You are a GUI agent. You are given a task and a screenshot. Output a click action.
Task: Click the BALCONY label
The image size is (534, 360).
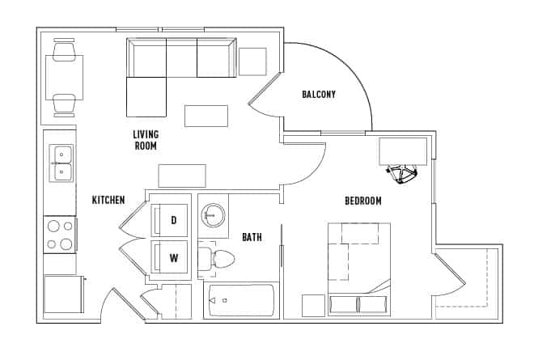(x=319, y=95)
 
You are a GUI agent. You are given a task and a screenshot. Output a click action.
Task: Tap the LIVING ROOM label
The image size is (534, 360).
(x=146, y=140)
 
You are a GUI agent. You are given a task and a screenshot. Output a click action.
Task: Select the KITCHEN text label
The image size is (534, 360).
(x=108, y=200)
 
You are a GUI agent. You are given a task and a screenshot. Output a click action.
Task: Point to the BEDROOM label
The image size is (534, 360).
(x=362, y=201)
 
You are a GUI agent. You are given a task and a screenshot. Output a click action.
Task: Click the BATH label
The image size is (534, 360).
(x=252, y=237)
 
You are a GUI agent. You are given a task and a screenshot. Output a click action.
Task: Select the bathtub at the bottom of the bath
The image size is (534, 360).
(x=239, y=301)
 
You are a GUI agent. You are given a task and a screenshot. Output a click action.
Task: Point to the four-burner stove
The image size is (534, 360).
(x=60, y=235)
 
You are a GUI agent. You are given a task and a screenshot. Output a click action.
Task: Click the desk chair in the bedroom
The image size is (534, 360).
(x=402, y=174)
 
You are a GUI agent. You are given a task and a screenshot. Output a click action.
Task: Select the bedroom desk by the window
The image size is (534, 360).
(x=403, y=150)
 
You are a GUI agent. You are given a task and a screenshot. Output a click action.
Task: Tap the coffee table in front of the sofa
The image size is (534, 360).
(x=206, y=116)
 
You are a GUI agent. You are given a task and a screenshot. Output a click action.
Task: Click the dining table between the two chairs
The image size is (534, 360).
(x=64, y=78)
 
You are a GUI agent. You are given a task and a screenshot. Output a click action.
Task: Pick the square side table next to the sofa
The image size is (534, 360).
(x=252, y=62)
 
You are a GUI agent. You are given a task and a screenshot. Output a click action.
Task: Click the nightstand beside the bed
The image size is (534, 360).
(x=313, y=305)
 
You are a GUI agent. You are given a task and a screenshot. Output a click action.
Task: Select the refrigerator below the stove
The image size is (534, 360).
(x=63, y=293)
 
